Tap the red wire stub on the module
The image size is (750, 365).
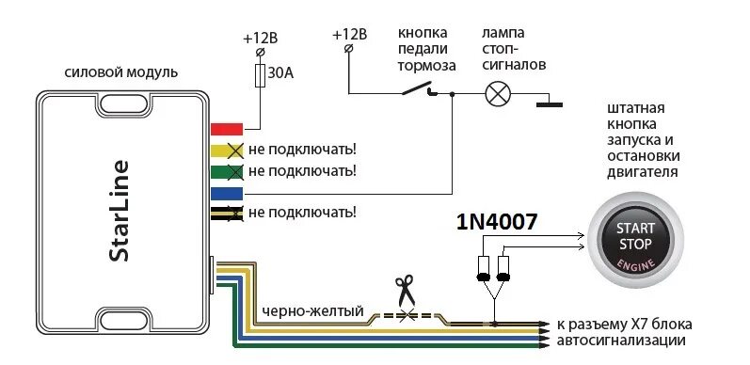[227, 129]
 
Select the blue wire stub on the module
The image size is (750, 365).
[227, 193]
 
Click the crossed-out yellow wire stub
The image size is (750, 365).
[227, 150]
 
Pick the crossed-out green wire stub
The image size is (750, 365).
[227, 171]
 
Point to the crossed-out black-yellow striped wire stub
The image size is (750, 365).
[227, 214]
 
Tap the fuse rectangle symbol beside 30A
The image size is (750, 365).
[259, 75]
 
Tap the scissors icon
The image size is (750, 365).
[406, 289]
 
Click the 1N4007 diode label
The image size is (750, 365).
[496, 222]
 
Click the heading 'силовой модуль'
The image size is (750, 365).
[120, 73]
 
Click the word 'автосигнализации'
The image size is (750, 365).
[622, 341]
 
